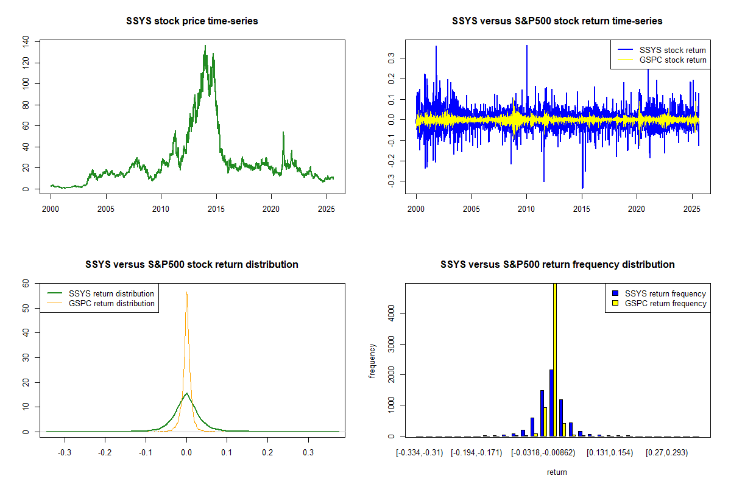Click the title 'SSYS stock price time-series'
(x=192, y=21)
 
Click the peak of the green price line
(x=205, y=46)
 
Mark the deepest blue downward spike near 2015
(x=582, y=187)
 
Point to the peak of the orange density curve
(x=186, y=292)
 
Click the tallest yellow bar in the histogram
(x=555, y=359)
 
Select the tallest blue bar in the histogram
(x=551, y=402)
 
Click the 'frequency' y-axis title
(x=372, y=361)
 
